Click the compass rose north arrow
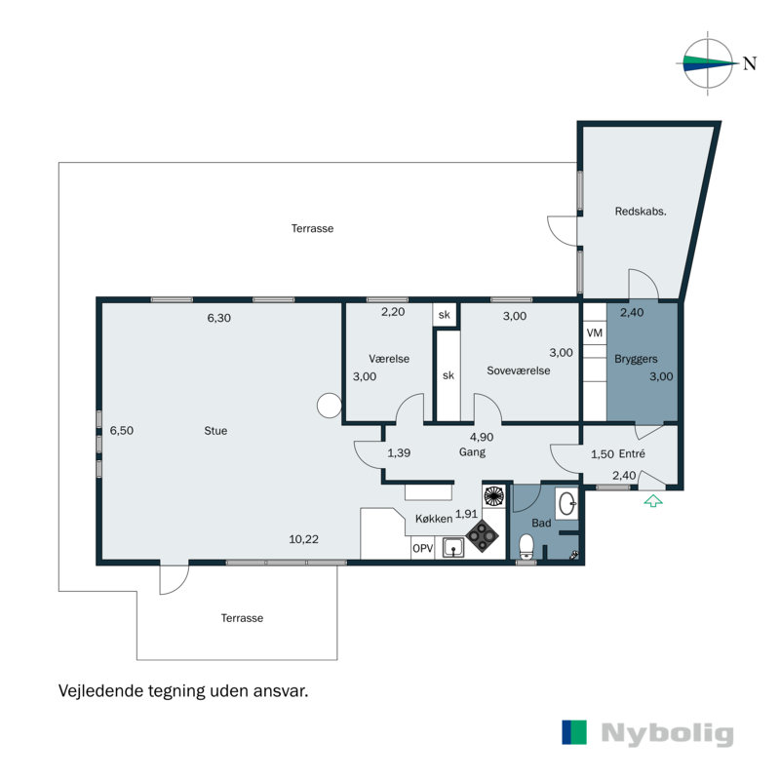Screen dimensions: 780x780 click(x=709, y=64)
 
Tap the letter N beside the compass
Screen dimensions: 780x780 click(x=750, y=64)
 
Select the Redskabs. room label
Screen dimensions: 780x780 click(x=640, y=212)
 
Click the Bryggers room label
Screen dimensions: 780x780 click(x=636, y=359)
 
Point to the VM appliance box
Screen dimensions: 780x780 click(x=594, y=333)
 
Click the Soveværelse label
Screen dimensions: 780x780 click(x=519, y=370)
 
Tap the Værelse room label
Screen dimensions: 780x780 click(x=389, y=359)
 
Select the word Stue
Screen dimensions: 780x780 click(x=215, y=430)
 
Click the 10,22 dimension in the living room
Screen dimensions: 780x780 click(x=303, y=538)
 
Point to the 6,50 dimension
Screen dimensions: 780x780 click(x=121, y=430)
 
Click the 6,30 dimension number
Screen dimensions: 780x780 click(x=218, y=317)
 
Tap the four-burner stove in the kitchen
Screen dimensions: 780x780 click(x=482, y=534)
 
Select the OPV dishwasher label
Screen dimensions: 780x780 click(x=422, y=549)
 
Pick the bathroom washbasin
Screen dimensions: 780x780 click(x=567, y=503)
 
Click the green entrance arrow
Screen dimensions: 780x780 click(x=652, y=501)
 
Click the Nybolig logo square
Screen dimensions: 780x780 click(x=574, y=733)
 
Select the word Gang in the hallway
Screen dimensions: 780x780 click(x=472, y=452)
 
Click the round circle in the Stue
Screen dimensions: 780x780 click(x=329, y=404)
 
